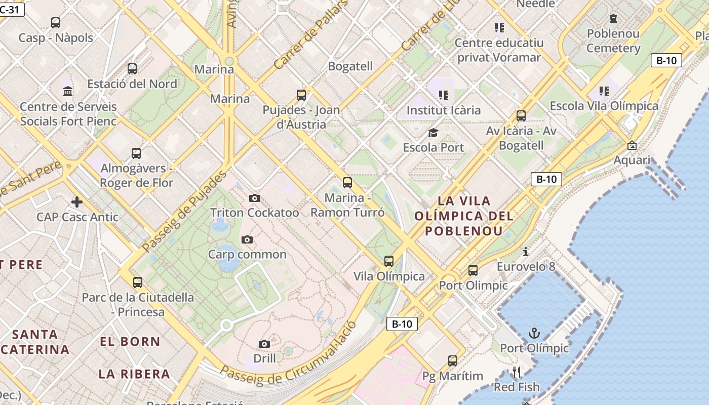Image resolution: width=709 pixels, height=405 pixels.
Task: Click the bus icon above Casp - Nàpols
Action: click(56, 23)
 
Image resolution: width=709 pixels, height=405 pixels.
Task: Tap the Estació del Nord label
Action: click(132, 84)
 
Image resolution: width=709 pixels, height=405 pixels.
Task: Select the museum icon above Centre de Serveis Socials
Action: click(68, 92)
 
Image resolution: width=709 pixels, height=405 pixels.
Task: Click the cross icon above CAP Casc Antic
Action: click(76, 202)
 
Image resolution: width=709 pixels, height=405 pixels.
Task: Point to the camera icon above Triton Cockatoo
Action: click(255, 198)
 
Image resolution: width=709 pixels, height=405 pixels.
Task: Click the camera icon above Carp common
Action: click(247, 239)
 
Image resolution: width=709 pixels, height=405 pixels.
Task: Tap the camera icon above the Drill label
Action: click(264, 344)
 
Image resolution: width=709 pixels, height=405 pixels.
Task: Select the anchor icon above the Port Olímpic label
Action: click(534, 333)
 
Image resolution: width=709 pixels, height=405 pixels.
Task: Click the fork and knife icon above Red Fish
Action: click(517, 373)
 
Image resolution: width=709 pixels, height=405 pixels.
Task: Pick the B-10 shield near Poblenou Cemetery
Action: click(666, 61)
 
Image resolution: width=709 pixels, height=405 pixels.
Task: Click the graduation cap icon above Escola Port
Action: click(433, 133)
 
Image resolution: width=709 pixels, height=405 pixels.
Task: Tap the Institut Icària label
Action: click(444, 110)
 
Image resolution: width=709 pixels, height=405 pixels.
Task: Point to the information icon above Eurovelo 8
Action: click(526, 252)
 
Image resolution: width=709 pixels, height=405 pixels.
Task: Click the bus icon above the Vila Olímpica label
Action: click(388, 261)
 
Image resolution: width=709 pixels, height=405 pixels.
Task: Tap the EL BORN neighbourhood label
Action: click(130, 342)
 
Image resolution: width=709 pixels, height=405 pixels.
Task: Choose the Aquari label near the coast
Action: click(632, 160)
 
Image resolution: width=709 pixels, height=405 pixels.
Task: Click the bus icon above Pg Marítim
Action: click(453, 361)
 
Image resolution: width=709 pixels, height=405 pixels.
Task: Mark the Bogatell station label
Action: click(350, 66)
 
